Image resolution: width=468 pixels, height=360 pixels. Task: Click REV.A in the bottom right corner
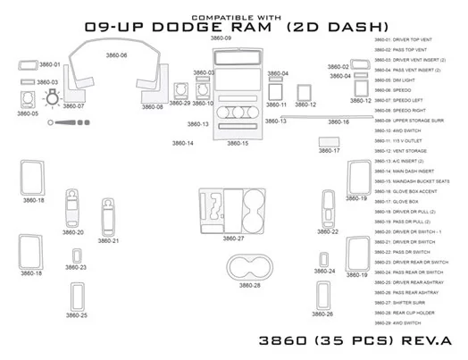(x=437, y=340)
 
